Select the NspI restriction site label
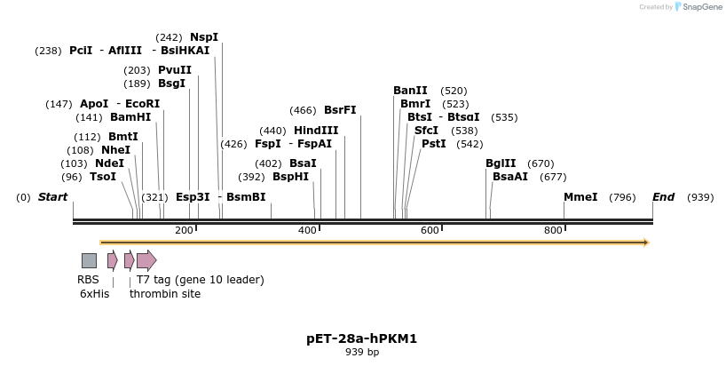pos(204,37)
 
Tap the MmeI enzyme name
pos(580,197)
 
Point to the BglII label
pos(501,163)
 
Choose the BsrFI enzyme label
pos(340,110)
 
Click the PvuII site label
pos(175,70)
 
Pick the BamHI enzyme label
pos(130,117)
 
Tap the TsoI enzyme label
pos(103,177)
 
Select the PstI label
pos(434,144)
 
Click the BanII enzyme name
pos(411,91)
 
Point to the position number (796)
pos(622,197)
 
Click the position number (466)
pos(303,110)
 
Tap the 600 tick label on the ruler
pos(430,231)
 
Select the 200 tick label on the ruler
pos(184,231)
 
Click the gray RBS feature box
pos(89,260)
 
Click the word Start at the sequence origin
pos(52,197)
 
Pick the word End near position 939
pos(663,197)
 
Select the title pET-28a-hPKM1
pos(361,338)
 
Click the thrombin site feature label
pos(165,294)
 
